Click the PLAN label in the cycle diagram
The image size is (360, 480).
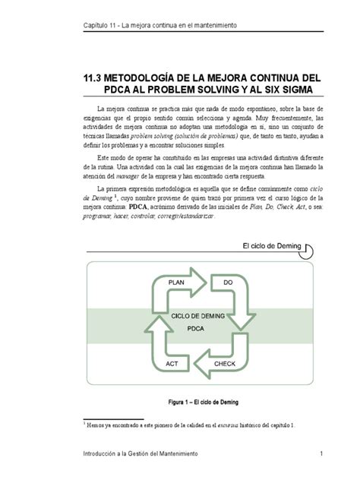[177, 282]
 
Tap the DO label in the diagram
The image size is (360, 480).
[228, 282]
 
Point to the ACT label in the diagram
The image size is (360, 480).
[173, 364]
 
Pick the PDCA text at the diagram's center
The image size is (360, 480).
[200, 330]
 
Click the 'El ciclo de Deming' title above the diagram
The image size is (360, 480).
[272, 246]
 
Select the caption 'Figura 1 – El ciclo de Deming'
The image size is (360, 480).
[201, 402]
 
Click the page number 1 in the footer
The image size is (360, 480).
[322, 453]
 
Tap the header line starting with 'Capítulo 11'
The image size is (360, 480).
[159, 26]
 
